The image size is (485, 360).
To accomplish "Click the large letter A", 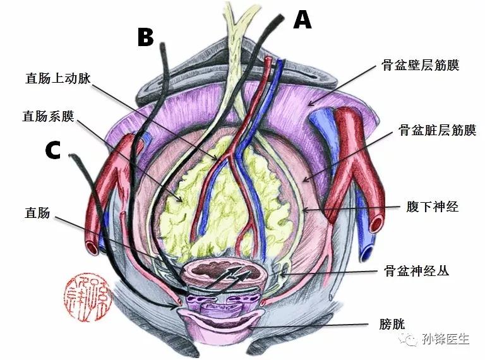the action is click(302, 19).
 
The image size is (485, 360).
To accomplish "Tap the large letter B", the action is click(145, 37).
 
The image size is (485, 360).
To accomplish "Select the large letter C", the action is click(53, 150).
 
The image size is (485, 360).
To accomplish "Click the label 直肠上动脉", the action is click(58, 78).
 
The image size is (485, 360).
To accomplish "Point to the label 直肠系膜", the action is click(48, 116).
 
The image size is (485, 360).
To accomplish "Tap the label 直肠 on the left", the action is click(37, 213).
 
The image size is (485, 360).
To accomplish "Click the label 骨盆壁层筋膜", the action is click(421, 65).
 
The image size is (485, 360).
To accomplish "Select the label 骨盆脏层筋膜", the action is click(438, 130).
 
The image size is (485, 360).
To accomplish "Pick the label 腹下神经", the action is click(433, 207).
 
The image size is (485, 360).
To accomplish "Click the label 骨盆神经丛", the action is click(416, 271).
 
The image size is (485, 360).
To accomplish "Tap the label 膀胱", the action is click(392, 325).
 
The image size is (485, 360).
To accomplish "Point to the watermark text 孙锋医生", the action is click(445, 340).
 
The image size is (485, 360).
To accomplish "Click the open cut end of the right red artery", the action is click(376, 224).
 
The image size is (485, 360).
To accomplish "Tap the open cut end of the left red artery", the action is click(93, 247).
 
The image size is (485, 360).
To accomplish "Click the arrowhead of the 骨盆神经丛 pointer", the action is click(281, 273).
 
